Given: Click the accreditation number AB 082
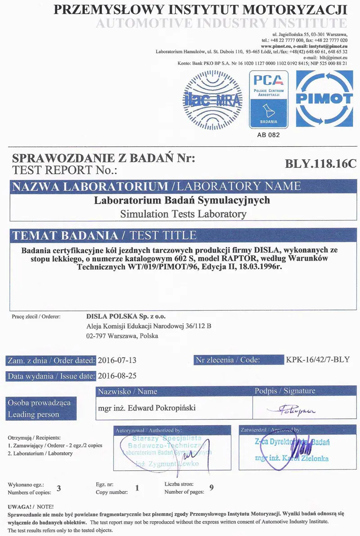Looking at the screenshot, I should [269, 135].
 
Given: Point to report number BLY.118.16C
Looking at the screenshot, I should [320, 164].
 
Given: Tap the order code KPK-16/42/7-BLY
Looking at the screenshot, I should [317, 360].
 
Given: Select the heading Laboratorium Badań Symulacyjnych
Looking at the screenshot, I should [182, 200].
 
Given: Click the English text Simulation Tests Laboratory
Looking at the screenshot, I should [183, 214].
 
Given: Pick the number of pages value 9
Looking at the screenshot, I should [211, 488].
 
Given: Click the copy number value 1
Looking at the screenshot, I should [137, 488].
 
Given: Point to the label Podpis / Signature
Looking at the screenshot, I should [285, 391].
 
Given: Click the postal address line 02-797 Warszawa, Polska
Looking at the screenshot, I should [122, 336].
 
